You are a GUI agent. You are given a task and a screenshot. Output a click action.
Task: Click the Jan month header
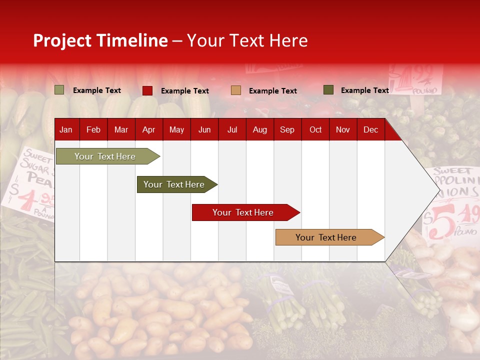pyautogui.click(x=66, y=130)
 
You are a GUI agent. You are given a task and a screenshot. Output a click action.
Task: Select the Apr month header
pyautogui.click(x=149, y=130)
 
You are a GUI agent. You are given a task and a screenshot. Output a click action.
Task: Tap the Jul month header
pyautogui.click(x=232, y=130)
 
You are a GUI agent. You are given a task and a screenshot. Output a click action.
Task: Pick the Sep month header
pyautogui.click(x=287, y=130)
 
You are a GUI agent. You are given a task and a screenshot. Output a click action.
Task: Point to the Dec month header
pyautogui.click(x=370, y=130)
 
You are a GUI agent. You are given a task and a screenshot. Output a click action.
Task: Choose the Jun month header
pyautogui.click(x=204, y=130)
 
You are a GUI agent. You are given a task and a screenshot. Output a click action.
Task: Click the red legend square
pyautogui.click(x=147, y=90)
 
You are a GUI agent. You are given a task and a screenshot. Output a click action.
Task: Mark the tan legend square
pyautogui.click(x=236, y=90)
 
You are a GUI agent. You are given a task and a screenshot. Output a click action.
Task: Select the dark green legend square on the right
pyautogui.click(x=328, y=90)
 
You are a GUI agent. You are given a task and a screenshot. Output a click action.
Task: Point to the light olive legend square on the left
pyautogui.click(x=59, y=90)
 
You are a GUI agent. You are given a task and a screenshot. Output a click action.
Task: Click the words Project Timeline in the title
pyautogui.click(x=100, y=40)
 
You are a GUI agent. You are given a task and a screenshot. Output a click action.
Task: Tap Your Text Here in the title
pyautogui.click(x=247, y=40)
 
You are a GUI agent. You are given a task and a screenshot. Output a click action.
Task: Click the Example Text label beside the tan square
pyautogui.click(x=272, y=91)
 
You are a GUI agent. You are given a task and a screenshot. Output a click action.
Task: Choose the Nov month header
pyautogui.click(x=343, y=130)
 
